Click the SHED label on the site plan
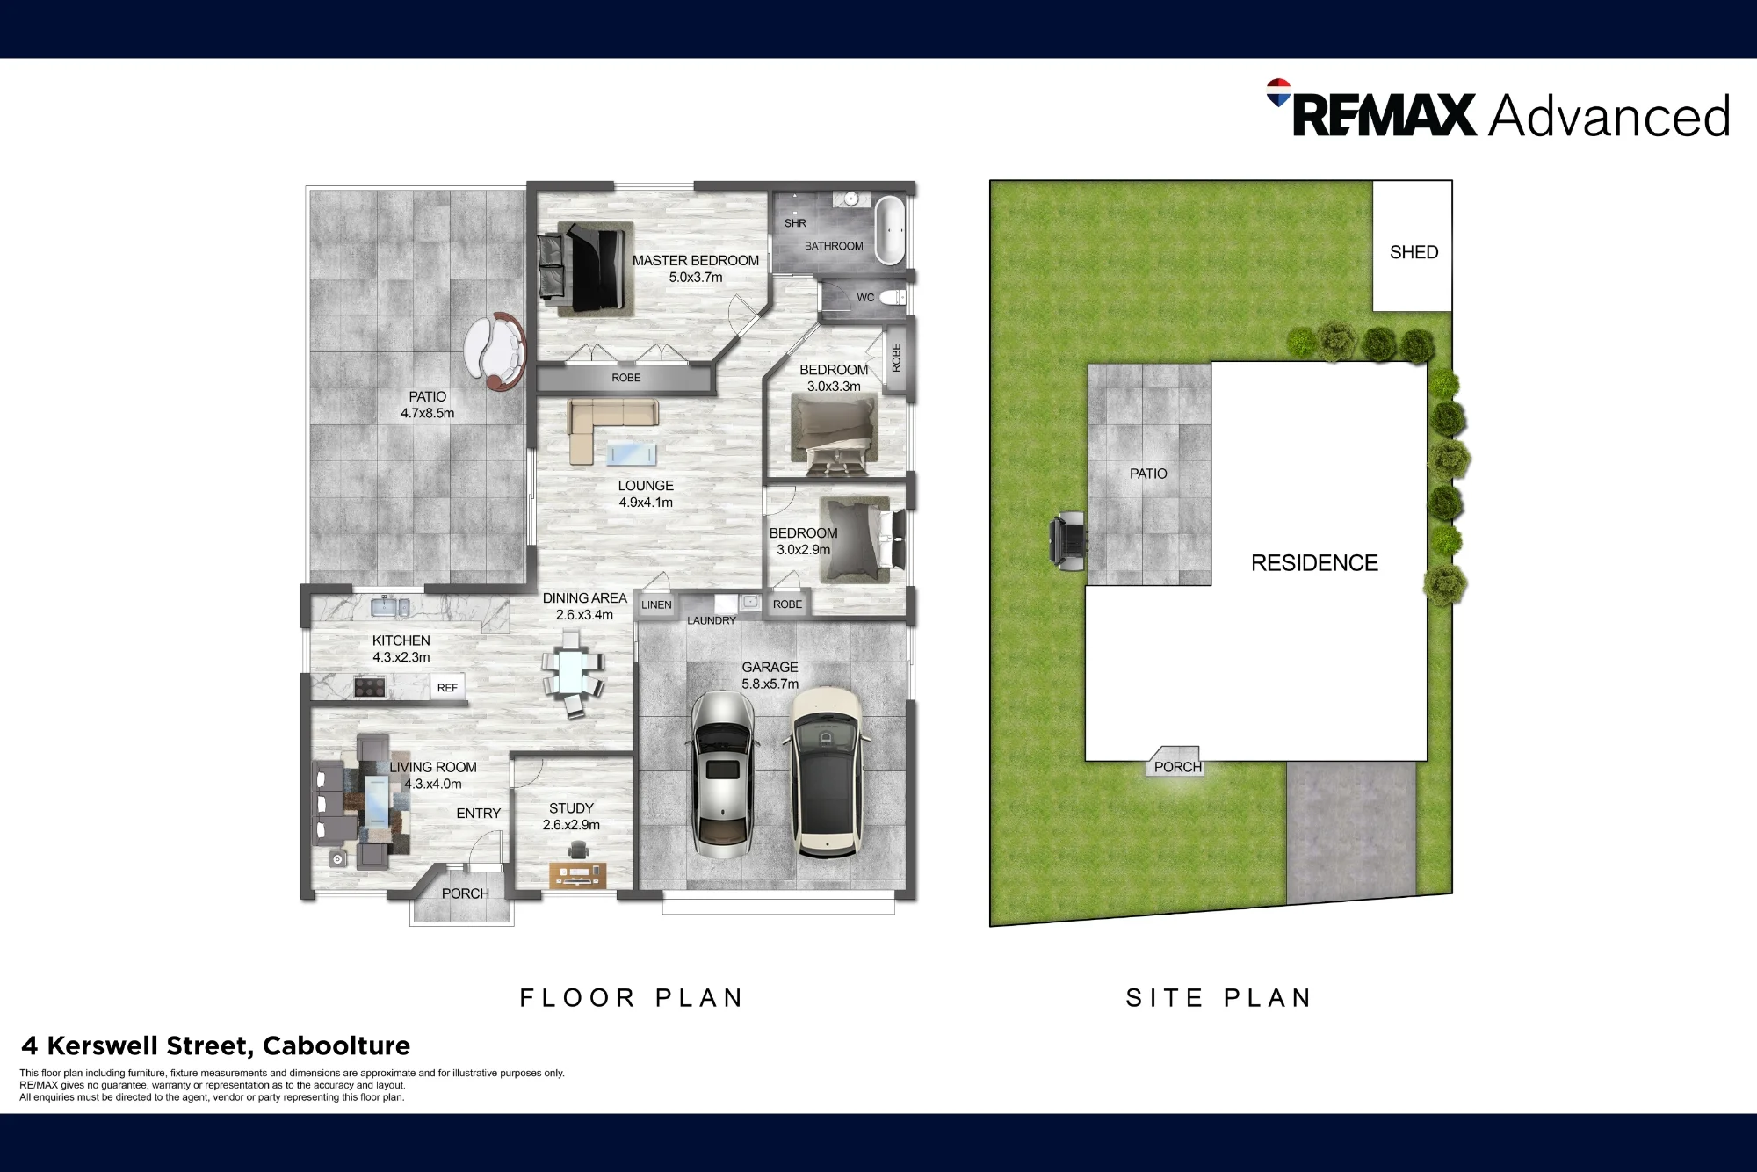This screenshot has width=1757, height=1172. coord(1414,252)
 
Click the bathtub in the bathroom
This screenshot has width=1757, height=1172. coord(889,230)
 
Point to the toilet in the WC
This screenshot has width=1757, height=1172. coord(892,298)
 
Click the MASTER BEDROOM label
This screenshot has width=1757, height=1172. coord(695,260)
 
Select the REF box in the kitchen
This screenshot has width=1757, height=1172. coord(447,688)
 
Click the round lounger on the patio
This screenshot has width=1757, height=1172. coord(495,350)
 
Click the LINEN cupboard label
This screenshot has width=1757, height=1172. coord(656,604)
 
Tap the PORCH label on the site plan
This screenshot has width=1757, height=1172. coord(1177,767)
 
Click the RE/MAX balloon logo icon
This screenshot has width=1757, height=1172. coord(1279,92)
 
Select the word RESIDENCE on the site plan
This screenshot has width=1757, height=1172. coord(1314,562)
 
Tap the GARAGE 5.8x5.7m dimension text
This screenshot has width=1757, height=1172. coord(770,684)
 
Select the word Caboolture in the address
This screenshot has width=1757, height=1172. coord(336,1045)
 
